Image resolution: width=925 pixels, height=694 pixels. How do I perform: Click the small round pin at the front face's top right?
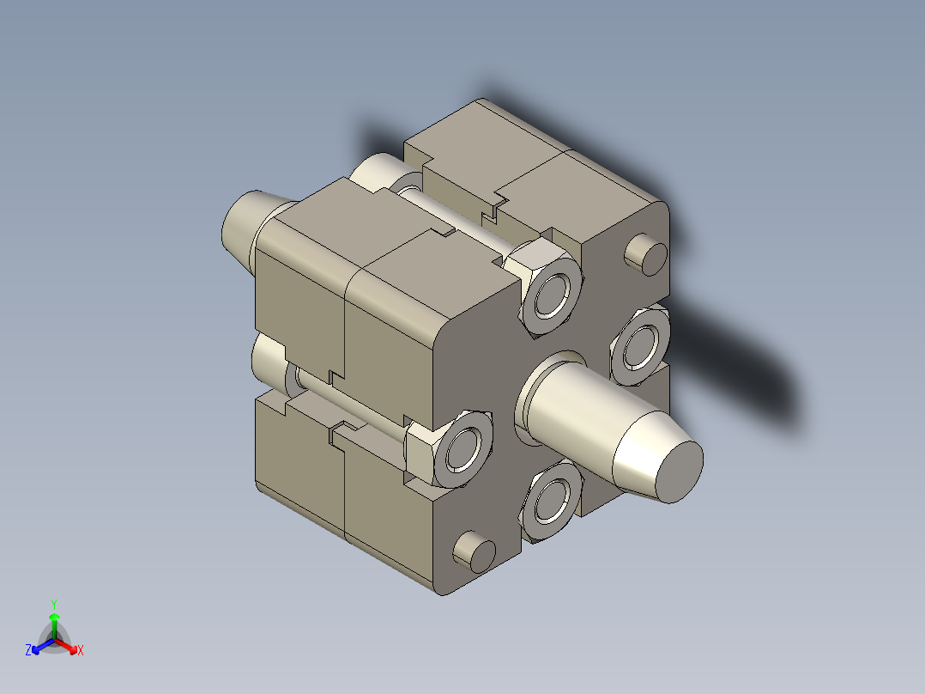point(646,253)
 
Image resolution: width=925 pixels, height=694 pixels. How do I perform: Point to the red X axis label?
point(81,651)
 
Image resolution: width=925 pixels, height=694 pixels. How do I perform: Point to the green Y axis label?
point(54,603)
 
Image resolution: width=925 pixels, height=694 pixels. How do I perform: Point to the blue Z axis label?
point(28,651)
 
